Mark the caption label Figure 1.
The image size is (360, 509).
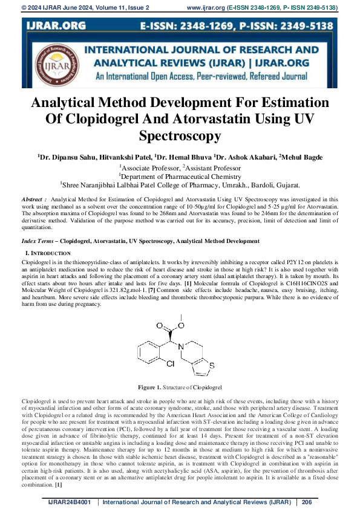[x=149, y=386]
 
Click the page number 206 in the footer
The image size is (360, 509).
[x=306, y=502]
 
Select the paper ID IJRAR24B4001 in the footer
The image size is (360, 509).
[x=70, y=502]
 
